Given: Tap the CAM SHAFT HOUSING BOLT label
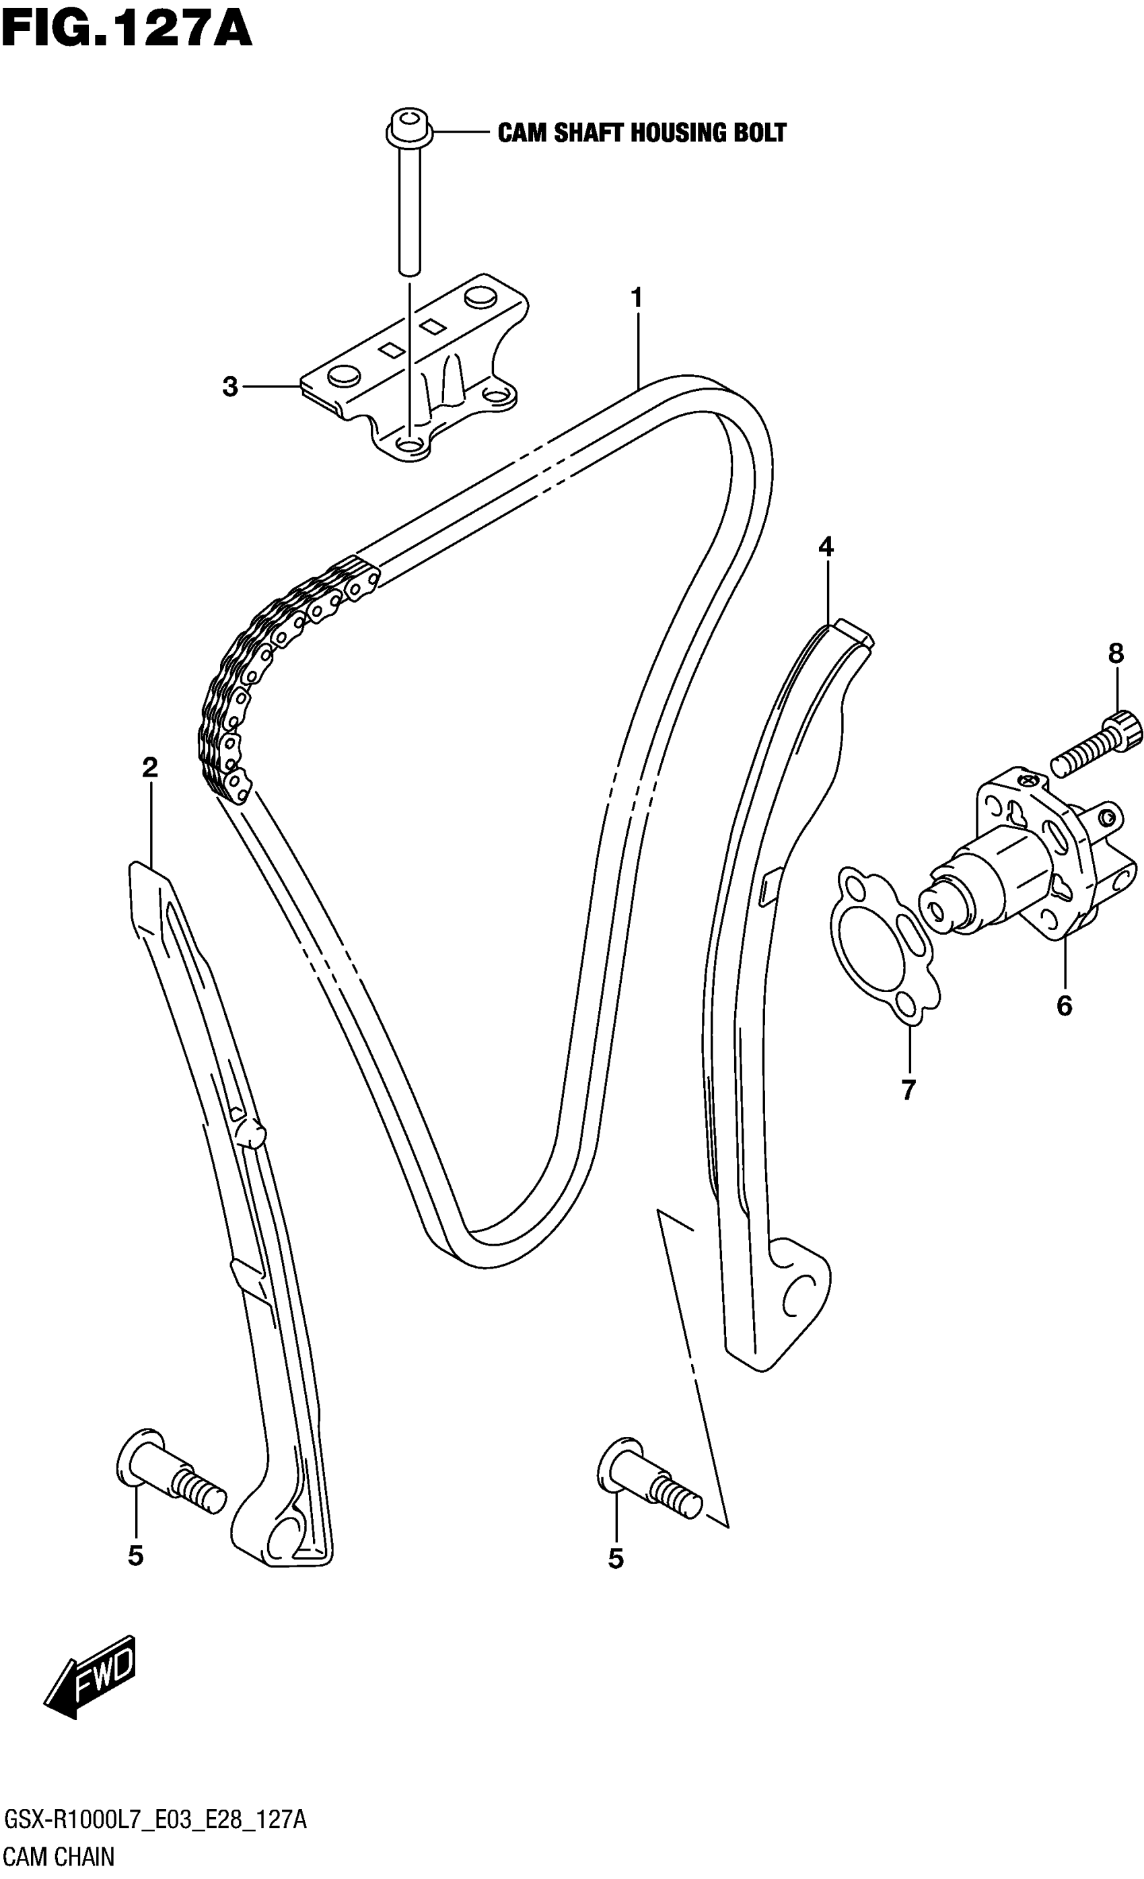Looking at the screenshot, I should pyautogui.click(x=641, y=133).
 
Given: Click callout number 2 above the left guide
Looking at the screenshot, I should pyautogui.click(x=149, y=767).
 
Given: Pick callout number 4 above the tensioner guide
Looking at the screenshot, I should pyautogui.click(x=826, y=546).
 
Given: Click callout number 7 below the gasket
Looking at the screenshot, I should pyautogui.click(x=908, y=1090).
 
